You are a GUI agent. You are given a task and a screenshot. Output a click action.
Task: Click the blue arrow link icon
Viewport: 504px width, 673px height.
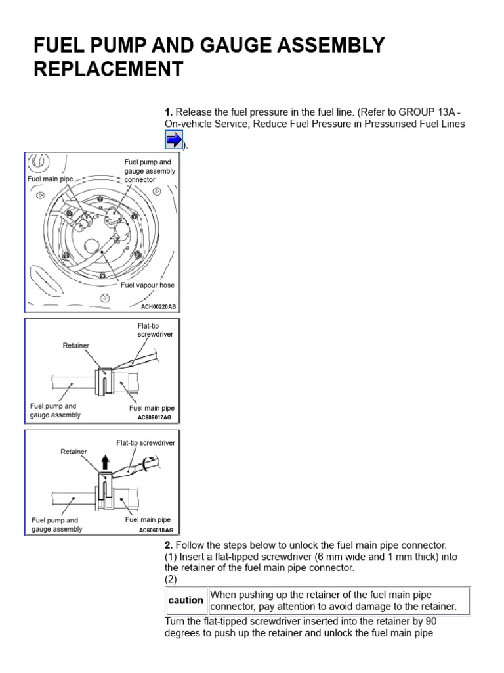click(x=173, y=139)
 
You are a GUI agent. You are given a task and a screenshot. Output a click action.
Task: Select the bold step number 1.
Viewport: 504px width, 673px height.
click(x=168, y=111)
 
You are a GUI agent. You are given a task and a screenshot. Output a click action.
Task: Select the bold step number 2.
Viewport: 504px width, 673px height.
click(x=168, y=545)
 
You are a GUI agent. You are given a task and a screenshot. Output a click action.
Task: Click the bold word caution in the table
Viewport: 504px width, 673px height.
click(x=186, y=601)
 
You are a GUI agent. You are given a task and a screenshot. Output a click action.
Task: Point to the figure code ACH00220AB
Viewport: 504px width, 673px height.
click(x=157, y=306)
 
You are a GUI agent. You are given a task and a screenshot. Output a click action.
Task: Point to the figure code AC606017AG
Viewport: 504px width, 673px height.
click(x=156, y=417)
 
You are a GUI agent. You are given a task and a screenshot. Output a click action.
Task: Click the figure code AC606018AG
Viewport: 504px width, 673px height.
click(x=156, y=530)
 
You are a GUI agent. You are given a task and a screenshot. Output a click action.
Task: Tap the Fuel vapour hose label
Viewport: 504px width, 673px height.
click(x=148, y=285)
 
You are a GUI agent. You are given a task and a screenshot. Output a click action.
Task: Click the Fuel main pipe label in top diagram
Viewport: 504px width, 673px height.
click(x=50, y=178)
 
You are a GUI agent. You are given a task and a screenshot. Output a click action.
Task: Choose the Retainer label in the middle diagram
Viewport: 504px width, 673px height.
click(x=75, y=345)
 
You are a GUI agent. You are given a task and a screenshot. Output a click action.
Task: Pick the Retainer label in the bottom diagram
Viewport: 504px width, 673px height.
click(x=73, y=452)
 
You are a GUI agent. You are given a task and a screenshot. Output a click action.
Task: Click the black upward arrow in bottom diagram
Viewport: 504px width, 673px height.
click(x=104, y=461)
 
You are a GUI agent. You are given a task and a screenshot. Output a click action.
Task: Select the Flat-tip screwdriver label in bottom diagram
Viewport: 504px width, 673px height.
click(x=146, y=443)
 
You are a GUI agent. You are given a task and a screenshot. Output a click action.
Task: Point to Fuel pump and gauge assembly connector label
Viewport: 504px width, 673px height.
click(x=150, y=171)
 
